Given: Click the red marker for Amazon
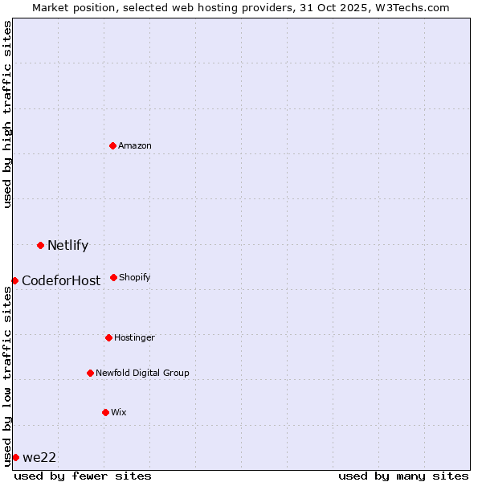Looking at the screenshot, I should (x=113, y=145).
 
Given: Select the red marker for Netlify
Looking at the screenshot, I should (x=40, y=245).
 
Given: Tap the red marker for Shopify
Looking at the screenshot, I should (x=113, y=277).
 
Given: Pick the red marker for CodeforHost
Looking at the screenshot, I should (x=14, y=280).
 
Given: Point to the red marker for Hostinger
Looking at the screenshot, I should (x=108, y=337).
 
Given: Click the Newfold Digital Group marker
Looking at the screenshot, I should (x=90, y=373).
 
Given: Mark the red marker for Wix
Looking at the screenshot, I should (x=105, y=412).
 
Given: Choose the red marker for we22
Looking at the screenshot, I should (x=15, y=457).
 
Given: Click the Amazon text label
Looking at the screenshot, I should (x=135, y=145).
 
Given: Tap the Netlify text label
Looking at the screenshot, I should (x=67, y=246).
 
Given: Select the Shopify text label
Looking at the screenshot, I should (x=134, y=277).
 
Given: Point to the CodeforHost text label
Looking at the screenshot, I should (x=61, y=281).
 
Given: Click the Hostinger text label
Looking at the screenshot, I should (x=134, y=337).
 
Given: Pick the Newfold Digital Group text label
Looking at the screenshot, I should (x=142, y=373).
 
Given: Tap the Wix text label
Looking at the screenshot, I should (x=118, y=412).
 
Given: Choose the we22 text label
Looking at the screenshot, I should (x=39, y=458).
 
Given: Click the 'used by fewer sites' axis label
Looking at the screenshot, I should (x=83, y=476).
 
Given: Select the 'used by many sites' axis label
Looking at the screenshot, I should (x=403, y=476).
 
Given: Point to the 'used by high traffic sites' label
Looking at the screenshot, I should (x=7, y=114).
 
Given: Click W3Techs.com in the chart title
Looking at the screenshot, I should (x=409, y=7).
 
